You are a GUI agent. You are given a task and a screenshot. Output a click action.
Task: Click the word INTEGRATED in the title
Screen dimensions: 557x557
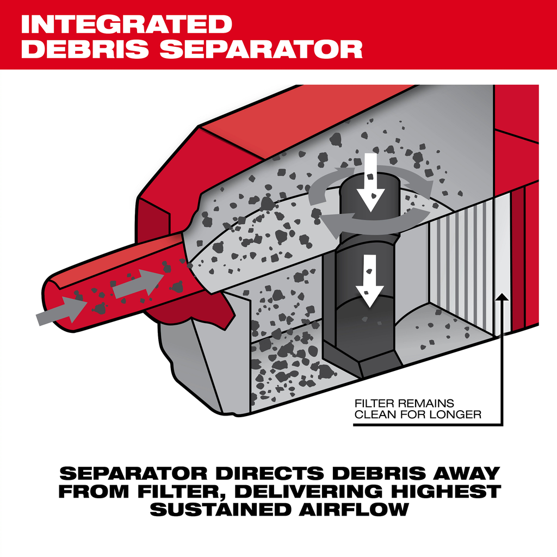pos(126,24)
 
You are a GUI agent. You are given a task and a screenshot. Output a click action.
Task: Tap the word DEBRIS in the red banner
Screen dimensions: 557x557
pos(85,49)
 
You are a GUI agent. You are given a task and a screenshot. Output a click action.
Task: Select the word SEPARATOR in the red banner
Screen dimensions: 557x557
pos(261,49)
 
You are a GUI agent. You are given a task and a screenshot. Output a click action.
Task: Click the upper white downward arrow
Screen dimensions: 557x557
pos(370,183)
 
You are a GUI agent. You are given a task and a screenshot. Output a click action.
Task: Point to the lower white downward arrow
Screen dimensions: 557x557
pos(370,281)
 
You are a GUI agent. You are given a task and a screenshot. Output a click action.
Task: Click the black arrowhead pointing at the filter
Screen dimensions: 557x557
pos(502,298)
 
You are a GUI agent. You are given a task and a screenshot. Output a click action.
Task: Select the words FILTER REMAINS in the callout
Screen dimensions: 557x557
pos(404,403)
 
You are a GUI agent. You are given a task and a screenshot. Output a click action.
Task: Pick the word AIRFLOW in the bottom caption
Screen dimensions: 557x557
pos(354,510)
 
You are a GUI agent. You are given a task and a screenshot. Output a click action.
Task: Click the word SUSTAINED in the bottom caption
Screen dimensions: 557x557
pos(220,510)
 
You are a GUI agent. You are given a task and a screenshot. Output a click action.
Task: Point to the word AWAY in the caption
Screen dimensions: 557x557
pos(467,473)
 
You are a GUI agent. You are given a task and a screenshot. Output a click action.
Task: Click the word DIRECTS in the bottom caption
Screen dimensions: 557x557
pos(270,473)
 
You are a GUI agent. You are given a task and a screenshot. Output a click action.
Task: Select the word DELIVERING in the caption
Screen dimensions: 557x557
pos(308,492)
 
